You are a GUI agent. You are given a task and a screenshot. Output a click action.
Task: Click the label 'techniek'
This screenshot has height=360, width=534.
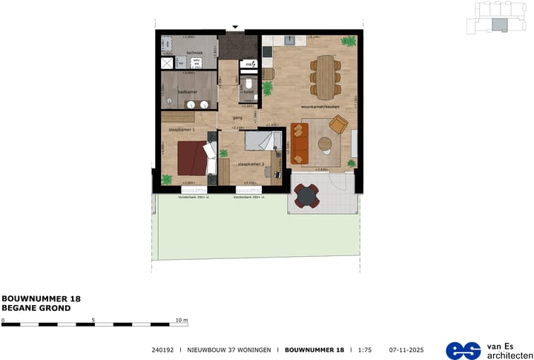point(194,53)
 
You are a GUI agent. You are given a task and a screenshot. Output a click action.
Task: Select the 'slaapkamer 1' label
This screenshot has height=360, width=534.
point(182,130)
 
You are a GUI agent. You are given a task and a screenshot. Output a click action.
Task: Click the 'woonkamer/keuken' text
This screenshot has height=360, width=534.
point(320,107)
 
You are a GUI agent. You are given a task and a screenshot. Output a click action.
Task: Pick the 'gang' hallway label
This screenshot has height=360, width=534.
point(238,117)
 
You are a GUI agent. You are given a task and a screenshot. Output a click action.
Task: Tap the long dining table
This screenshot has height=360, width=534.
point(323,76)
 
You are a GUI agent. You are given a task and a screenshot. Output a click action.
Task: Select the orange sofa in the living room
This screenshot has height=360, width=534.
point(298,143)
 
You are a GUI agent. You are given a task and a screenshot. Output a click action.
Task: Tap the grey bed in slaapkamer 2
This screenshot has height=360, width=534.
point(261,142)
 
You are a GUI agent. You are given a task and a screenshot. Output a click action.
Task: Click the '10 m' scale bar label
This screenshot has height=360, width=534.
point(182,320)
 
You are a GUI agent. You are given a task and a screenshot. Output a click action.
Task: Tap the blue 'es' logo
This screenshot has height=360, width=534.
point(463,350)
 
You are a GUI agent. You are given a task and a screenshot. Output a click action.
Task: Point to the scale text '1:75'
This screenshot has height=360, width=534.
point(363,350)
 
